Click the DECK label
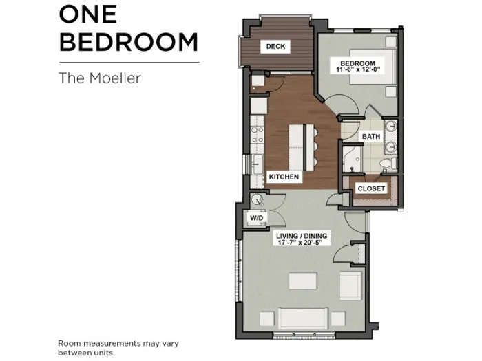point(275,46)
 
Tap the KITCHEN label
point(284,177)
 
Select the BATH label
point(371,136)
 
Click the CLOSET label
point(371,188)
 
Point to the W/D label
point(256,218)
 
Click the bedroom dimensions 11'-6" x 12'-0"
point(358,69)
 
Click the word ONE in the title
point(88,14)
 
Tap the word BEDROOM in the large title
point(129,42)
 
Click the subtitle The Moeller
point(100,78)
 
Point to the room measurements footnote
point(118,348)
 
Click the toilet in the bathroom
point(388,163)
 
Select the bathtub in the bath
point(352,159)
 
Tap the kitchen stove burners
point(258,135)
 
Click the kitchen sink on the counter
point(257,164)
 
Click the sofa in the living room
point(303,318)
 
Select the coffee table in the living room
point(303,281)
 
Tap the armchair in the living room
point(350,285)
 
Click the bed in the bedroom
point(372,66)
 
